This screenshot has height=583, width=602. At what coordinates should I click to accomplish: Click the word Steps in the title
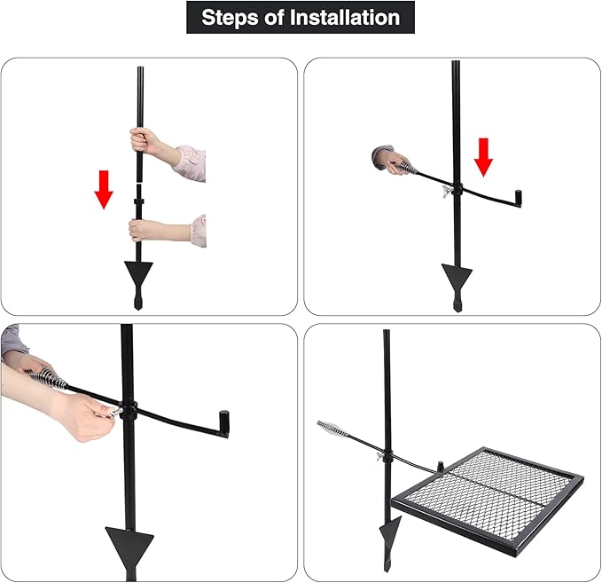(230, 18)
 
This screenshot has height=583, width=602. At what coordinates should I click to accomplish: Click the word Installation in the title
(345, 17)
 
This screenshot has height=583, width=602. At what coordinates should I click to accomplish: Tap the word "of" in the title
(274, 17)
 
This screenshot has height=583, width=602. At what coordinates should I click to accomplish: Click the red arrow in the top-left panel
(104, 190)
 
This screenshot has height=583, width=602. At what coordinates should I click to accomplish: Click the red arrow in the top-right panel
(483, 158)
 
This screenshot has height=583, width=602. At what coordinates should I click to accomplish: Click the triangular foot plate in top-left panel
(138, 273)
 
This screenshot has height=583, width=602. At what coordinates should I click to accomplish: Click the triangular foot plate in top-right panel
(457, 277)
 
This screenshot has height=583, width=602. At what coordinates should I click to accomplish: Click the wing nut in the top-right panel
(447, 191)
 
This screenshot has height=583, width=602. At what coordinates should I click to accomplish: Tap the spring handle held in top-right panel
(408, 168)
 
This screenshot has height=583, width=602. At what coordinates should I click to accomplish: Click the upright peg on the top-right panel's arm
(518, 198)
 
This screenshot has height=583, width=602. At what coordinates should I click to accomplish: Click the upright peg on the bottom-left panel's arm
(223, 423)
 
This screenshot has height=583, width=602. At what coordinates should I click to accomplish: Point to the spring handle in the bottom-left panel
(48, 379)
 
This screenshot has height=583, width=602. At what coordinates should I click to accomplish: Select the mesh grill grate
(488, 501)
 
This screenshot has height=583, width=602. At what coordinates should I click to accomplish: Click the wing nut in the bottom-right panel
(381, 457)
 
